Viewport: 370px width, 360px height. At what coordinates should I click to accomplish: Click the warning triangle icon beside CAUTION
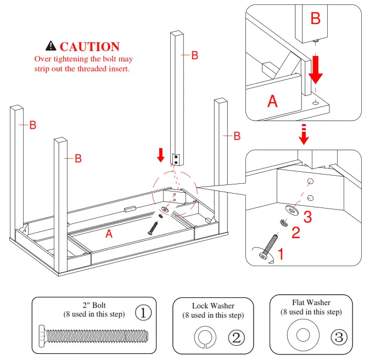tap(51, 47)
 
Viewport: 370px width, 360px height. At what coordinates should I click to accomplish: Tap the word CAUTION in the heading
tap(89, 47)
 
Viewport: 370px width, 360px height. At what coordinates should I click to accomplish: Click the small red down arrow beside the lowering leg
tap(160, 155)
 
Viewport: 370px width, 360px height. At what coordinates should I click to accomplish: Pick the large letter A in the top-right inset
tap(272, 101)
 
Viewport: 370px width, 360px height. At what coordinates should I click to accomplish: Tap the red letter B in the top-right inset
tap(315, 19)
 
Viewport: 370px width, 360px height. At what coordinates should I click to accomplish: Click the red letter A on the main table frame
tap(109, 234)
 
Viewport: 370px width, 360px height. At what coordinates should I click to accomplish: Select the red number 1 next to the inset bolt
tap(281, 254)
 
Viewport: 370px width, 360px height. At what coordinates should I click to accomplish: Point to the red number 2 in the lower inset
tap(295, 233)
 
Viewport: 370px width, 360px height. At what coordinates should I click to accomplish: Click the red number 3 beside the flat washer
tap(307, 217)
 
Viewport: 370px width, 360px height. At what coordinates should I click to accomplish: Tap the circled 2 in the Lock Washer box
tap(237, 337)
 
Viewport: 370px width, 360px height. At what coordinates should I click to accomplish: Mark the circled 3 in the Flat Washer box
tap(339, 337)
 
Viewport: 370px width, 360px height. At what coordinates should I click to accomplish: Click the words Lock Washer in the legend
tap(213, 306)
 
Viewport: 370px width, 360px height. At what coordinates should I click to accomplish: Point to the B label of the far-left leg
tap(32, 125)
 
